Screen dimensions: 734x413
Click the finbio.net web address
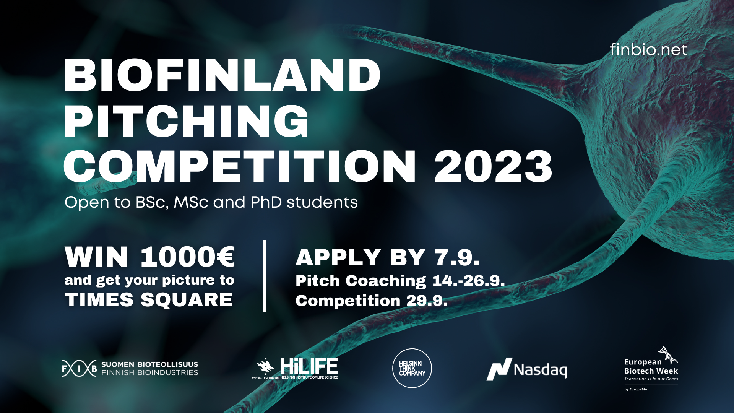[x=648, y=50]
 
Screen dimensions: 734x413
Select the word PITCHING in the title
[x=187, y=121]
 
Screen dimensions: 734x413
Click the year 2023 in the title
[x=493, y=166]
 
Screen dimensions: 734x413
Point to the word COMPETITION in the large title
[x=240, y=166]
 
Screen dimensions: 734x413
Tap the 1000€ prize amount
[x=188, y=257]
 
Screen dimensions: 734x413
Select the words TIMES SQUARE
[x=148, y=300]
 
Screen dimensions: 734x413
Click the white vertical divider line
[x=264, y=276]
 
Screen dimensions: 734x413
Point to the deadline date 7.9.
[x=457, y=257]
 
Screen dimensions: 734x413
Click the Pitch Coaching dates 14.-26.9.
[x=469, y=281]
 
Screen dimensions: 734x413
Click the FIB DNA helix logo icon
[x=80, y=369]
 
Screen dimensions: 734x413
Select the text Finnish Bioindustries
[x=149, y=372]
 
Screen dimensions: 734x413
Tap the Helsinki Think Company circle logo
[x=412, y=368]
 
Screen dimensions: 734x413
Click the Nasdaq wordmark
[x=540, y=370]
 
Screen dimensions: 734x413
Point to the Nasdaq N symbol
[x=499, y=369]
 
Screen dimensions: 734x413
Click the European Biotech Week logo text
[x=651, y=366]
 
